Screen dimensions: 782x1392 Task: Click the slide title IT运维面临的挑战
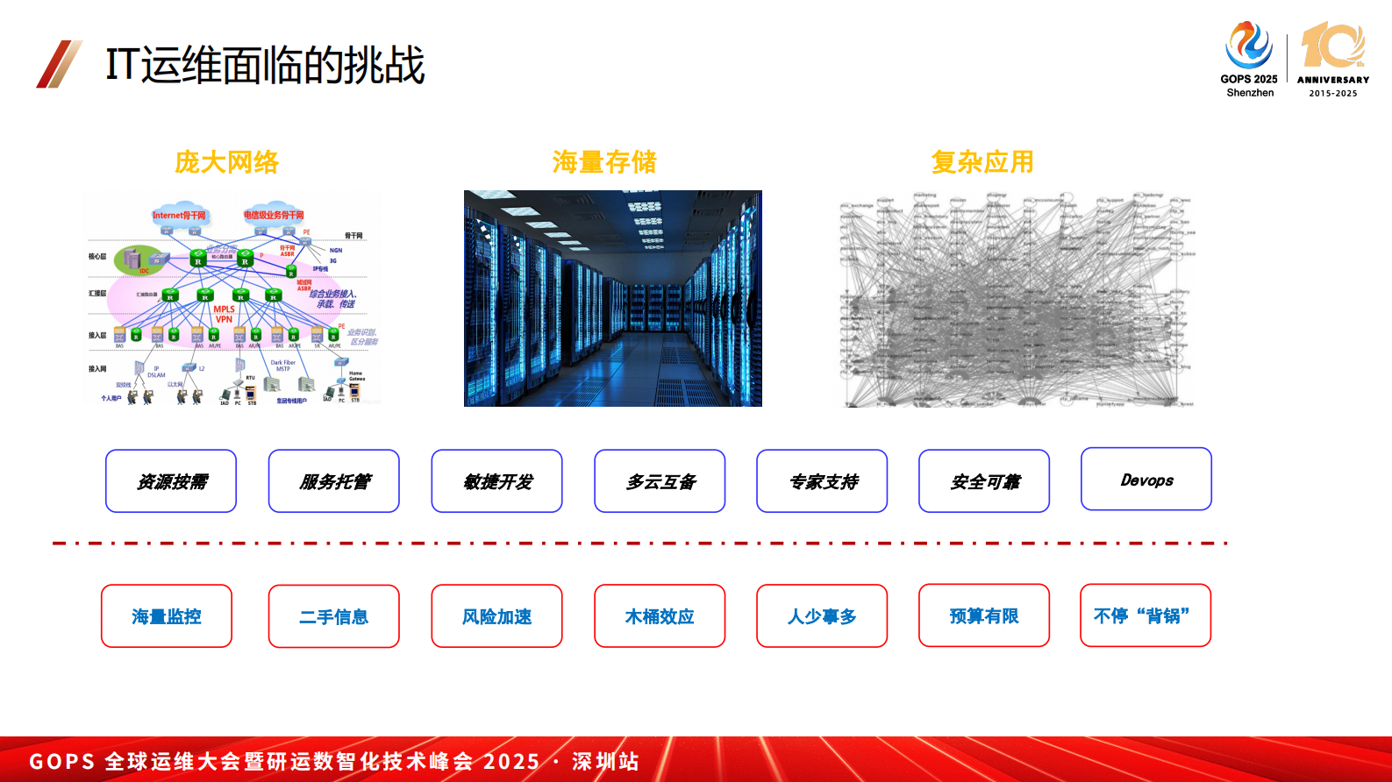pos(265,66)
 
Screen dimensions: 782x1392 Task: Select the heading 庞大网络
pos(226,162)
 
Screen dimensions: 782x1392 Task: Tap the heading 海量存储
pos(604,162)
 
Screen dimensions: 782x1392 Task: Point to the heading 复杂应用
pos(982,162)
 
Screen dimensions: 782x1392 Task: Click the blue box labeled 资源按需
pos(171,481)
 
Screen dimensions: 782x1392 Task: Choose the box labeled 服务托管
pos(334,481)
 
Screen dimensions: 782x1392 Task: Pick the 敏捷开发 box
pos(496,481)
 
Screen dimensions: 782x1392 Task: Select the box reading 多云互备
pos(660,481)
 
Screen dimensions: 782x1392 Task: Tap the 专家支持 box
pos(822,481)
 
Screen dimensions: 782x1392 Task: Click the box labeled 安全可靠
pos(984,481)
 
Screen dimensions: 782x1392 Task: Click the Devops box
pos(1146,480)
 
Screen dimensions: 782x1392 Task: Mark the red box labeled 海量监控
pos(167,616)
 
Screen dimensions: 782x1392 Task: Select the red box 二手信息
pos(334,616)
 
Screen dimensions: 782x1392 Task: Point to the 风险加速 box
pos(496,616)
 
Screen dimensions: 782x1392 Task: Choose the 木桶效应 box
pos(660,616)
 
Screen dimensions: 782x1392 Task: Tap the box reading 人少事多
pos(822,616)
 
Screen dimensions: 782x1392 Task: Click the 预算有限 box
pos(984,615)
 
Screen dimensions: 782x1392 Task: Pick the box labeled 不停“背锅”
pos(1146,615)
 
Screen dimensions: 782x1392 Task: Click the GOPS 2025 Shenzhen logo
pos(1249,60)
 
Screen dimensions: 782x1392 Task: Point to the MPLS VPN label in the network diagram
pos(224,314)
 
